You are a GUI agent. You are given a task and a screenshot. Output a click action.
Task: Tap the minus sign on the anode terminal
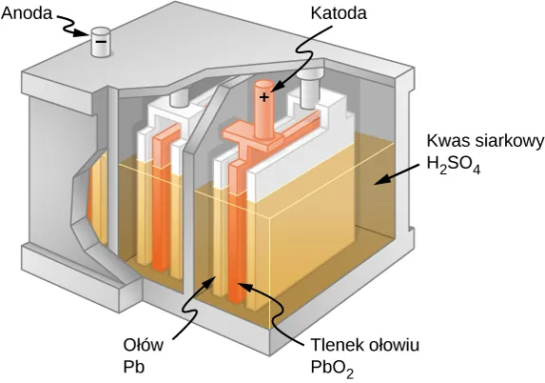98,41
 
